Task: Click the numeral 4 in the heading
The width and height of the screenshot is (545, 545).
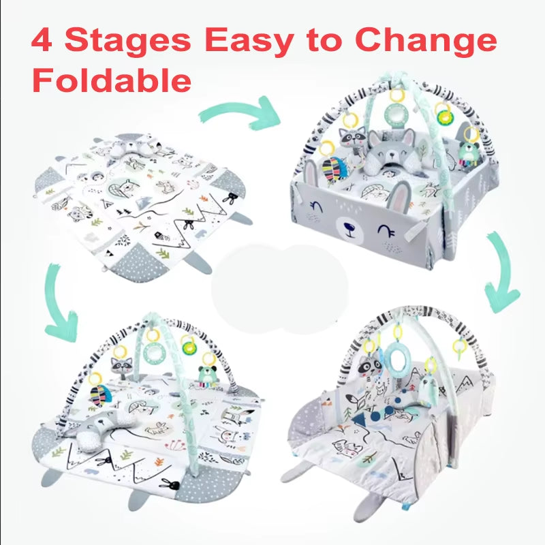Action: (x=42, y=40)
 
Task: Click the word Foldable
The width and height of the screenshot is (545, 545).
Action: (x=112, y=80)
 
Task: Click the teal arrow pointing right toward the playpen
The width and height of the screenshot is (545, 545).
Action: (x=240, y=113)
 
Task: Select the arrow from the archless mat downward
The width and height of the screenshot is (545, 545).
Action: (x=60, y=302)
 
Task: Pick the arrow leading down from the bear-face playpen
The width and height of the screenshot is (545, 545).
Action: (x=501, y=272)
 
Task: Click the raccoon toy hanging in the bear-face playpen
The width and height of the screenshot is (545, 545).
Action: (x=352, y=140)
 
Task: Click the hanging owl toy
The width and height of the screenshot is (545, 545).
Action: (x=428, y=390)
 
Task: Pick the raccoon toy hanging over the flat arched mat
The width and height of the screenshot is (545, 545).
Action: (x=121, y=367)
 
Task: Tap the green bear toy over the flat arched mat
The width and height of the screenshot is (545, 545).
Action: (x=208, y=376)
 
